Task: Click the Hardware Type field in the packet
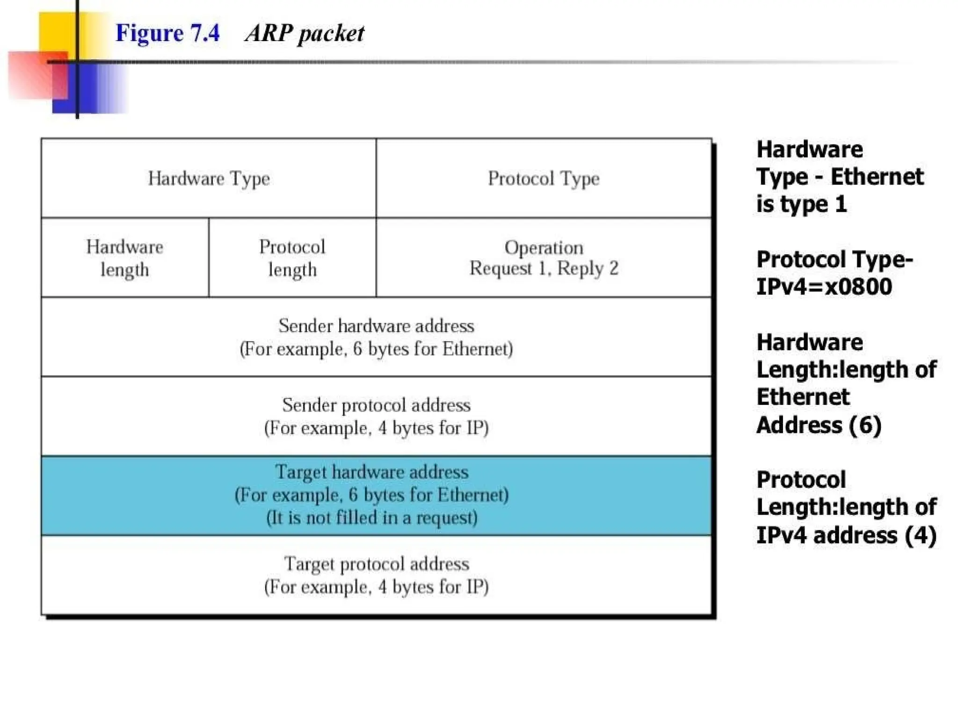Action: pyautogui.click(x=209, y=178)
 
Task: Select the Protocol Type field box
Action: pyautogui.click(x=544, y=178)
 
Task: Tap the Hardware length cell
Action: pyautogui.click(x=124, y=258)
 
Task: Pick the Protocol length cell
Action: pyautogui.click(x=292, y=258)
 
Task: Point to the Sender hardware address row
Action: pyautogui.click(x=376, y=337)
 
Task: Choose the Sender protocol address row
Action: pyautogui.click(x=376, y=416)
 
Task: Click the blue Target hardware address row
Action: pyautogui.click(x=376, y=495)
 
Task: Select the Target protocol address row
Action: pyautogui.click(x=376, y=574)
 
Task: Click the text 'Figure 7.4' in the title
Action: pyautogui.click(x=167, y=33)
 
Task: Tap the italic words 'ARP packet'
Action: pyautogui.click(x=305, y=33)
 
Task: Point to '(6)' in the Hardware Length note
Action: pyautogui.click(x=865, y=425)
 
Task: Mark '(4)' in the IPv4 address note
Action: pyautogui.click(x=920, y=535)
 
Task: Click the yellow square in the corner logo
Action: pyautogui.click(x=56, y=30)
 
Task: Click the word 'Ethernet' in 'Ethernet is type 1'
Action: pyautogui.click(x=877, y=177)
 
